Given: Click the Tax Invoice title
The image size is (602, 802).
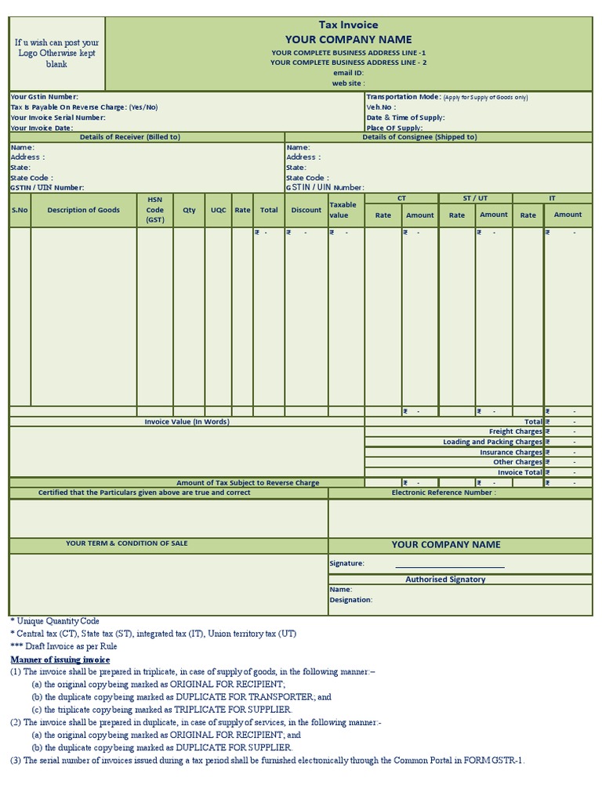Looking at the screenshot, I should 348,25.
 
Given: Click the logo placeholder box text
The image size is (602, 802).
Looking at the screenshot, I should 57,53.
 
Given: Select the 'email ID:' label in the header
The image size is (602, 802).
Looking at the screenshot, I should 348,72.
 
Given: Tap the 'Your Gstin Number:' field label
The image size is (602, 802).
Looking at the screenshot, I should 44,96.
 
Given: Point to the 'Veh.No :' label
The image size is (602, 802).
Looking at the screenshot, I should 381,107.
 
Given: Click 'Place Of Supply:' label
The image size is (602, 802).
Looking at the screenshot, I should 394,128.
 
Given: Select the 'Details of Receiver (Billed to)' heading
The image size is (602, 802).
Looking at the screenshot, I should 130,137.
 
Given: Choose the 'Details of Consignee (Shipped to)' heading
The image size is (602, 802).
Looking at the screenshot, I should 419,137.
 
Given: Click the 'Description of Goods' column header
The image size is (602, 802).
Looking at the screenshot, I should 84,210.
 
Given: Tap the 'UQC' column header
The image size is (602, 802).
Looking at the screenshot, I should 218,210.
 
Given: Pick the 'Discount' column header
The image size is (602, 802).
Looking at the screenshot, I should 306,210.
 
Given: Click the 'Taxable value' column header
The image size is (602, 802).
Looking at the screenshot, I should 343,210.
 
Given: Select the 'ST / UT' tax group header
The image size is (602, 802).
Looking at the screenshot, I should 475,198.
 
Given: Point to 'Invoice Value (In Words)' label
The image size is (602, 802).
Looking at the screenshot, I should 187,422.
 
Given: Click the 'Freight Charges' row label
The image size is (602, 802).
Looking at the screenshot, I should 515,432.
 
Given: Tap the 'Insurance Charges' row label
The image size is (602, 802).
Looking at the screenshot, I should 511,452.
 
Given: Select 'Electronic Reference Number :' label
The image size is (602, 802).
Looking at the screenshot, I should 444,493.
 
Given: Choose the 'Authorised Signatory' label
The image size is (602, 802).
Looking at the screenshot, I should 445,580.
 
